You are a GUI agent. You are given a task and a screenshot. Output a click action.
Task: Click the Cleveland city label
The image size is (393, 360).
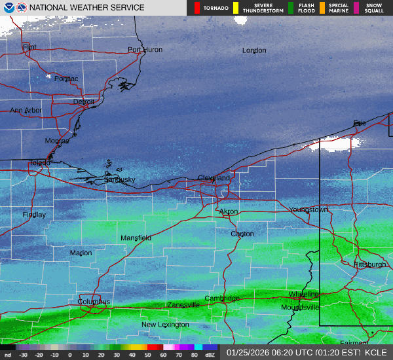click(x=214, y=178)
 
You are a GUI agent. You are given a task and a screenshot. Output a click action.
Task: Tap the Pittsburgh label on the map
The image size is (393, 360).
click(x=369, y=264)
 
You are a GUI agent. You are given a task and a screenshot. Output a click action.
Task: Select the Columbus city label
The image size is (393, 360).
click(x=94, y=302)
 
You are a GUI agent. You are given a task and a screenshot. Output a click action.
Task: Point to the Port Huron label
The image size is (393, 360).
click(x=144, y=50)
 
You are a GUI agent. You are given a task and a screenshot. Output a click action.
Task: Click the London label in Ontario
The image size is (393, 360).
click(x=254, y=50)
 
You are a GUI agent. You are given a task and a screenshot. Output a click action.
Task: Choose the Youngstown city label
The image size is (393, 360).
click(x=309, y=210)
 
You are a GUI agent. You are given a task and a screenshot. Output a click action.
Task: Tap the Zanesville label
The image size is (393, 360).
click(x=183, y=305)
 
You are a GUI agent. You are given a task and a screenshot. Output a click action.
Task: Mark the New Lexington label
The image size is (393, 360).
click(x=165, y=325)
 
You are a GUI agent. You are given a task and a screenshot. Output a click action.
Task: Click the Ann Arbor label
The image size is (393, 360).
click(x=26, y=111)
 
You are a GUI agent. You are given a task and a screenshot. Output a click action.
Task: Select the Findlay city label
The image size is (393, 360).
click(x=34, y=215)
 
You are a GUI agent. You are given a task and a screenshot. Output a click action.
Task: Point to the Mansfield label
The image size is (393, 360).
click(x=136, y=238)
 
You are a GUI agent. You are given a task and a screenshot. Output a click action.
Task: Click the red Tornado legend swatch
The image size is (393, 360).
click(x=196, y=8)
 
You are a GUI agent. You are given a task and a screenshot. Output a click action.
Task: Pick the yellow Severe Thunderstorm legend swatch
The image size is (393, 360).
click(x=236, y=8)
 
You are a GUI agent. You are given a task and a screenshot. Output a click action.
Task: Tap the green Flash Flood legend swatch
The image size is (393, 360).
click(x=291, y=8)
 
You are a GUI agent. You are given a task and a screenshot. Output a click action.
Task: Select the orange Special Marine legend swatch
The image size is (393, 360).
click(x=322, y=8)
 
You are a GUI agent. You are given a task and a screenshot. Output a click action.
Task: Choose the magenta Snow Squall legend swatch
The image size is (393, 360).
click(x=357, y=8)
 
